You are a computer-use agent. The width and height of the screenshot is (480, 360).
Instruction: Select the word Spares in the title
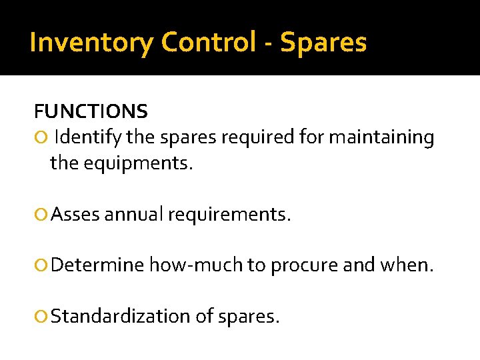pyautogui.click(x=323, y=43)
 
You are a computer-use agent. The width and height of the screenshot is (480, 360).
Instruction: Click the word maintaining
pyautogui.click(x=381, y=138)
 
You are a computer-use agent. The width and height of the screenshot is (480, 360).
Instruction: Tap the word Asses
pyautogui.click(x=75, y=215)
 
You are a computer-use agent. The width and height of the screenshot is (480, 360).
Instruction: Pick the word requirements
pyautogui.click(x=229, y=215)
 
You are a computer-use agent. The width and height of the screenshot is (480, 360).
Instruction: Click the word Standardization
pyautogui.click(x=121, y=316)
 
